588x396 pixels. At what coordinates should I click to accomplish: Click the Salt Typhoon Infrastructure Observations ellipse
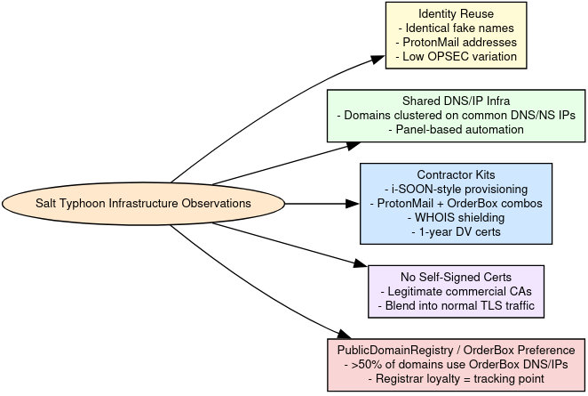142,204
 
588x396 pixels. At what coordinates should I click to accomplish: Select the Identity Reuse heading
456,13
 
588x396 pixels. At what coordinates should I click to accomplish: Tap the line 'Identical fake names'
456,28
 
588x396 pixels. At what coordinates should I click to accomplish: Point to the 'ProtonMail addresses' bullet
456,42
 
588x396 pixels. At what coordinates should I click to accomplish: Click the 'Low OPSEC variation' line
456,56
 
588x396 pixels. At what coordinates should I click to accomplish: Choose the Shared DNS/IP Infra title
456,101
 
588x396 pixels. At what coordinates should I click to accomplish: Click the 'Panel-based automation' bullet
456,129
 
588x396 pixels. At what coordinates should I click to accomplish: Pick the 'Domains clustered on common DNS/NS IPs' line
456,115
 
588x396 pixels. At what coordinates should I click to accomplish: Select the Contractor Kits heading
456,174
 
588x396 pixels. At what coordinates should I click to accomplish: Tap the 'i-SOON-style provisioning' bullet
456,189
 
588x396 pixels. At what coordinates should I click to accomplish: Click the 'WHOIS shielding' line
456,217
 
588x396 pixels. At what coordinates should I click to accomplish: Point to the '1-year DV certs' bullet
456,231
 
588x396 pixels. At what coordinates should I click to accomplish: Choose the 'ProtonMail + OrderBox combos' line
456,203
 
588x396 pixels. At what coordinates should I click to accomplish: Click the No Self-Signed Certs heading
456,277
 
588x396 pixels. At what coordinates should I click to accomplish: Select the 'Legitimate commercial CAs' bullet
456,291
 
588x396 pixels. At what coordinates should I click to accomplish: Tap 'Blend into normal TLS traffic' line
456,305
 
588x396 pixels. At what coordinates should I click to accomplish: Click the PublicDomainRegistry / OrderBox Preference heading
456,351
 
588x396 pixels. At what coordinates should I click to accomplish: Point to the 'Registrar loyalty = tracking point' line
456,379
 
